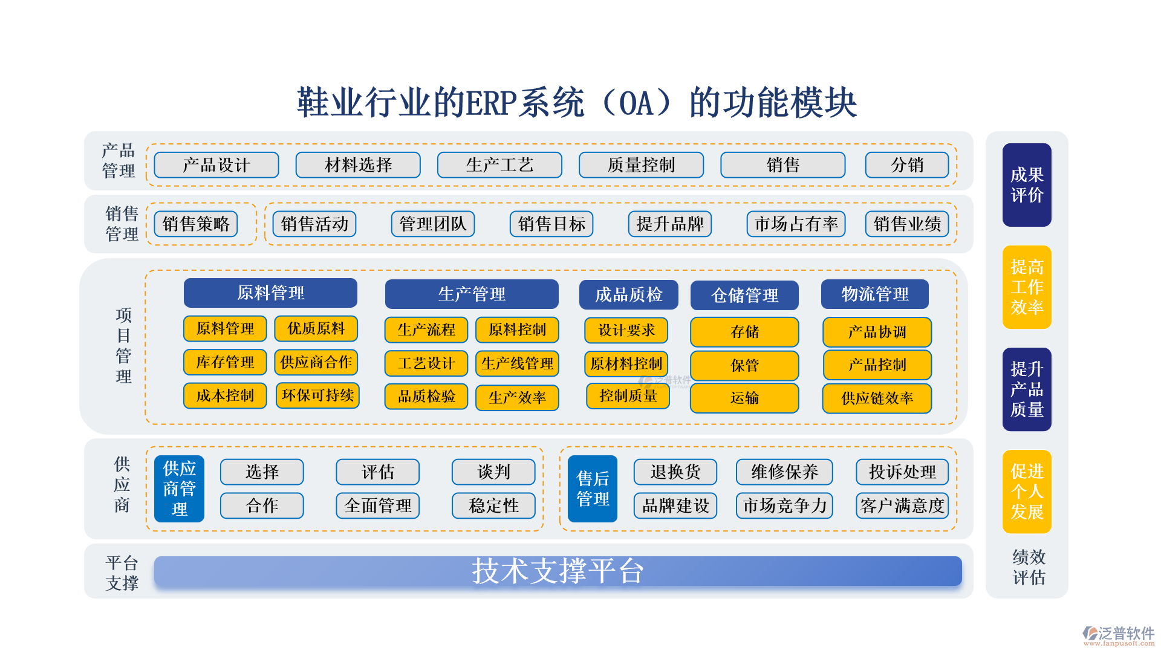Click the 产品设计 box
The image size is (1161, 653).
click(216, 165)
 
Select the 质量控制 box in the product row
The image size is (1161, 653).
click(641, 165)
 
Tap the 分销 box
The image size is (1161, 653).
click(907, 165)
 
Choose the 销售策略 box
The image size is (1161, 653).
click(196, 224)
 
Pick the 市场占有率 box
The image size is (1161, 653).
click(796, 224)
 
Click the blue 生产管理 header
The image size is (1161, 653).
click(472, 294)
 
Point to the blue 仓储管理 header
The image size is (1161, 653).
click(744, 295)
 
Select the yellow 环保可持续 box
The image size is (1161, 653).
click(317, 395)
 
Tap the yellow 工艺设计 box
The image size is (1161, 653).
click(426, 363)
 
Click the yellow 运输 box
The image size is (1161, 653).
click(744, 398)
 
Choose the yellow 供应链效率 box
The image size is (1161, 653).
click(877, 398)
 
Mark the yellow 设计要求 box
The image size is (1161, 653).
click(626, 330)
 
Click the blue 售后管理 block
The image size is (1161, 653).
click(593, 489)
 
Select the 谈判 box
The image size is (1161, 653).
click(493, 472)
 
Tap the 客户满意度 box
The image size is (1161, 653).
click(902, 505)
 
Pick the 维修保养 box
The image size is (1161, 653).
click(784, 472)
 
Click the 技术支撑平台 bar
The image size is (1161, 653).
click(558, 571)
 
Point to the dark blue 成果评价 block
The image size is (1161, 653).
click(1027, 185)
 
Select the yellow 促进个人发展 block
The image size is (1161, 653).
click(1027, 492)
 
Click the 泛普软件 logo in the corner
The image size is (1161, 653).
click(1118, 635)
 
